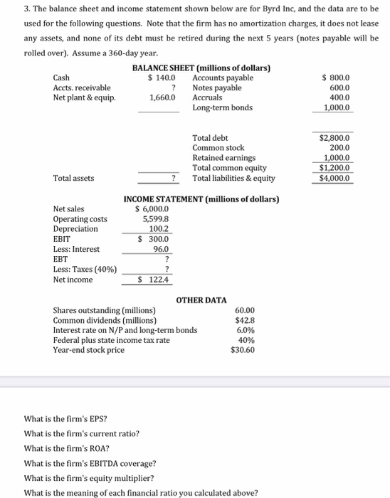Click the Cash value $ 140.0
pos(161,78)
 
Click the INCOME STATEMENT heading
pos(201,199)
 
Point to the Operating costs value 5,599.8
pos(155,219)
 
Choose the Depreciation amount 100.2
pos(158,229)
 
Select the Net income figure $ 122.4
pos(155,280)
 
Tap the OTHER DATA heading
pos(201,300)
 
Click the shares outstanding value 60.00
pos(244,311)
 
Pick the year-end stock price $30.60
pos(243,351)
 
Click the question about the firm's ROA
pos(66,448)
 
